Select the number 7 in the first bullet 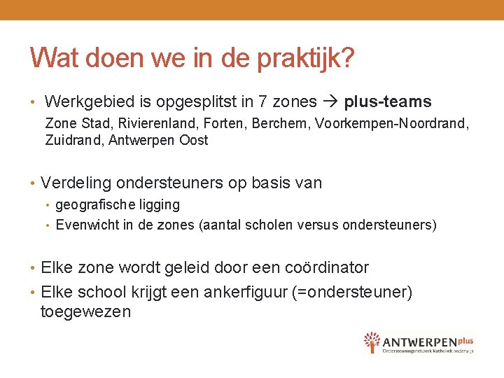point(263,102)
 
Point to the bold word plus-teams point(388,102)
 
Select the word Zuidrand point(71,140)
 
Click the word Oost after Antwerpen point(193,140)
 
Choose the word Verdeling point(76,183)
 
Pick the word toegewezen point(86,311)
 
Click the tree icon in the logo point(372,342)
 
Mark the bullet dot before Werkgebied point(33,103)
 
